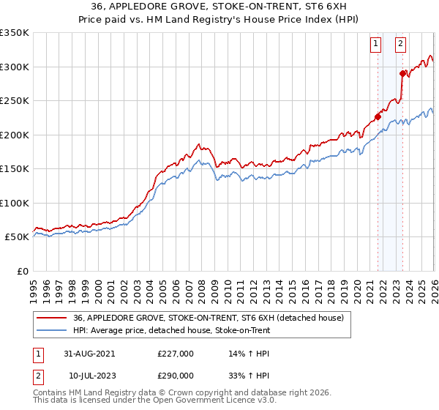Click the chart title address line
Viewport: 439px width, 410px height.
pyautogui.click(x=219, y=7)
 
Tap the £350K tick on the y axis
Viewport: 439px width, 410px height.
pyautogui.click(x=15, y=33)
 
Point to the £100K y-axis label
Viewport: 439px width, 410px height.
pyautogui.click(x=15, y=203)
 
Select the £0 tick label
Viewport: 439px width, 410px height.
pyautogui.click(x=22, y=271)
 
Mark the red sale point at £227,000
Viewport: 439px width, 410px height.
pyautogui.click(x=378, y=116)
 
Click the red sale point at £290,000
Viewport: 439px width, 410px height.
pyautogui.click(x=402, y=73)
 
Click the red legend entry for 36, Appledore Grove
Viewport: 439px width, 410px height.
pyautogui.click(x=212, y=318)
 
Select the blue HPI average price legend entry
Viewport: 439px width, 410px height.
pyautogui.click(x=172, y=330)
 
